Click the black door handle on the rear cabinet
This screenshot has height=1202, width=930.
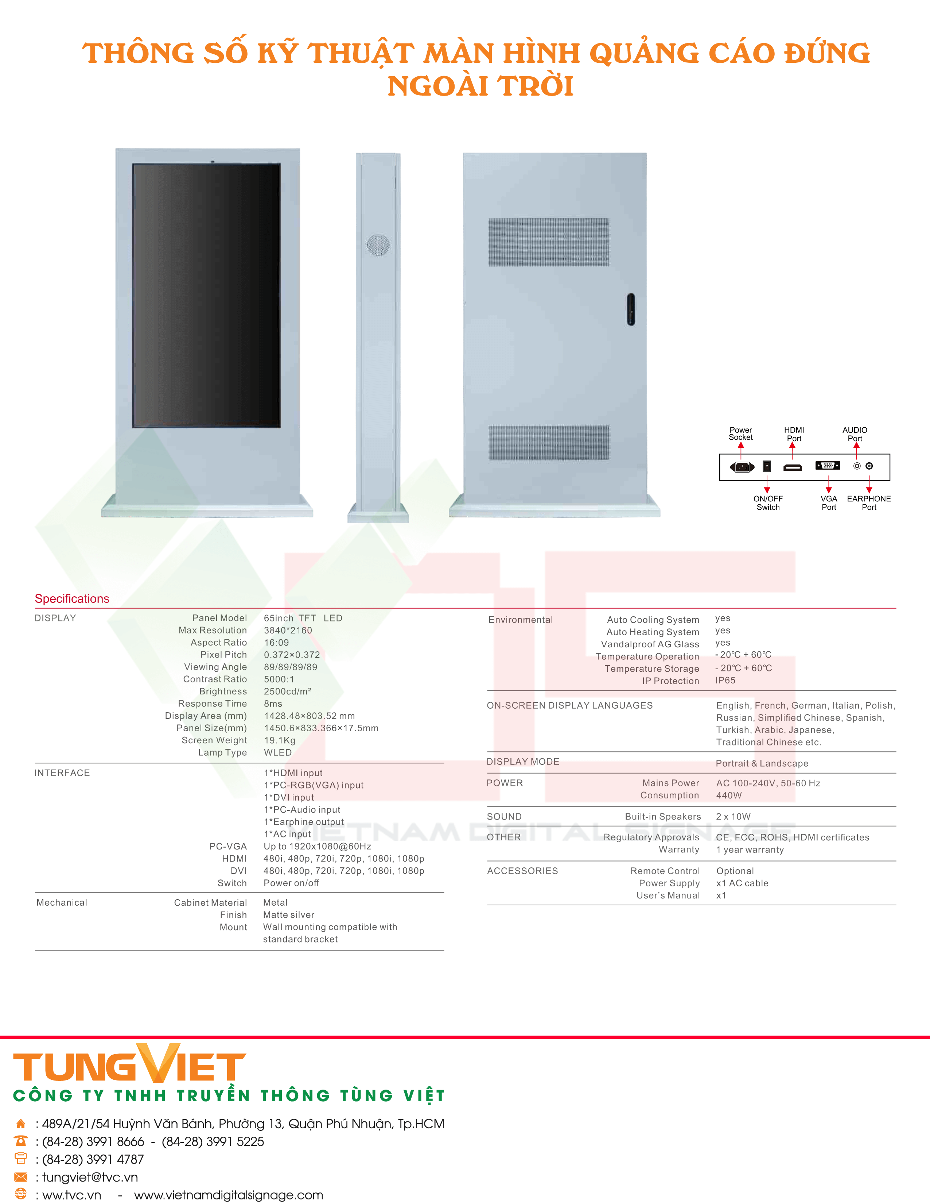click(631, 309)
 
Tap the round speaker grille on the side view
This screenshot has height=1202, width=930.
click(378, 245)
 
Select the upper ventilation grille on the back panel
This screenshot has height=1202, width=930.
click(549, 242)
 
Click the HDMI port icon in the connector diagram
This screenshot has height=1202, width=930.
click(793, 467)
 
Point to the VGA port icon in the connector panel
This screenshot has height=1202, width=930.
click(828, 466)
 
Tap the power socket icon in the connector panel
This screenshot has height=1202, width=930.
click(742, 467)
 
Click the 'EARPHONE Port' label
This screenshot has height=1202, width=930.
click(869, 503)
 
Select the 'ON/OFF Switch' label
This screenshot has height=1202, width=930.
click(768, 503)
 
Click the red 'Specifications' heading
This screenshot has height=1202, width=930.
click(72, 599)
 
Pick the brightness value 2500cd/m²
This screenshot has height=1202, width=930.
click(288, 691)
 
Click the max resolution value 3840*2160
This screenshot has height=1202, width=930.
click(288, 630)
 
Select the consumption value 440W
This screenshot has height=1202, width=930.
click(729, 795)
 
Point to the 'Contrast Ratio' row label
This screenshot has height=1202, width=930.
click(215, 679)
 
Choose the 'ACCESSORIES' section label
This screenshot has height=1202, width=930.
click(522, 871)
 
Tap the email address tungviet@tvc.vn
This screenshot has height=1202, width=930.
click(90, 1177)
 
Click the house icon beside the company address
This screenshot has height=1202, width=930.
click(21, 1124)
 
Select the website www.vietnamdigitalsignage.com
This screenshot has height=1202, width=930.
click(229, 1195)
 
